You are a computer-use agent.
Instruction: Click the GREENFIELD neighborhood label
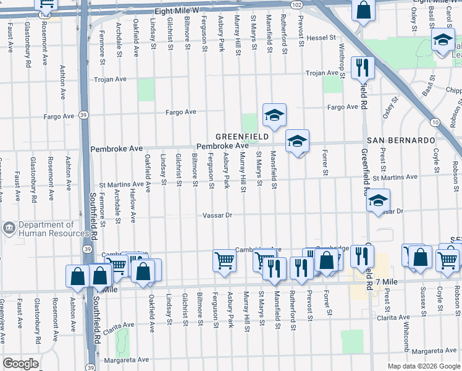pyautogui.click(x=241, y=136)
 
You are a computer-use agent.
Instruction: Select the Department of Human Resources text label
pyautogui.click(x=46, y=229)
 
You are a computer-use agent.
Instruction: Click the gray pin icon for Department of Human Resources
pyautogui.click(x=9, y=229)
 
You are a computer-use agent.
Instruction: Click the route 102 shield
pyautogui.click(x=297, y=4)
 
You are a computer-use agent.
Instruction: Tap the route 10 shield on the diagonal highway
pyautogui.click(x=436, y=122)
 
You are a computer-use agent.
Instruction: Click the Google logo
pyautogui.click(x=20, y=364)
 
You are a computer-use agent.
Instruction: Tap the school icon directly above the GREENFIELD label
pyautogui.click(x=274, y=114)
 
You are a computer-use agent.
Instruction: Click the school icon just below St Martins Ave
pyautogui.click(x=378, y=202)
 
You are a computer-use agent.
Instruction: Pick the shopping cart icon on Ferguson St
pyautogui.click(x=224, y=260)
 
